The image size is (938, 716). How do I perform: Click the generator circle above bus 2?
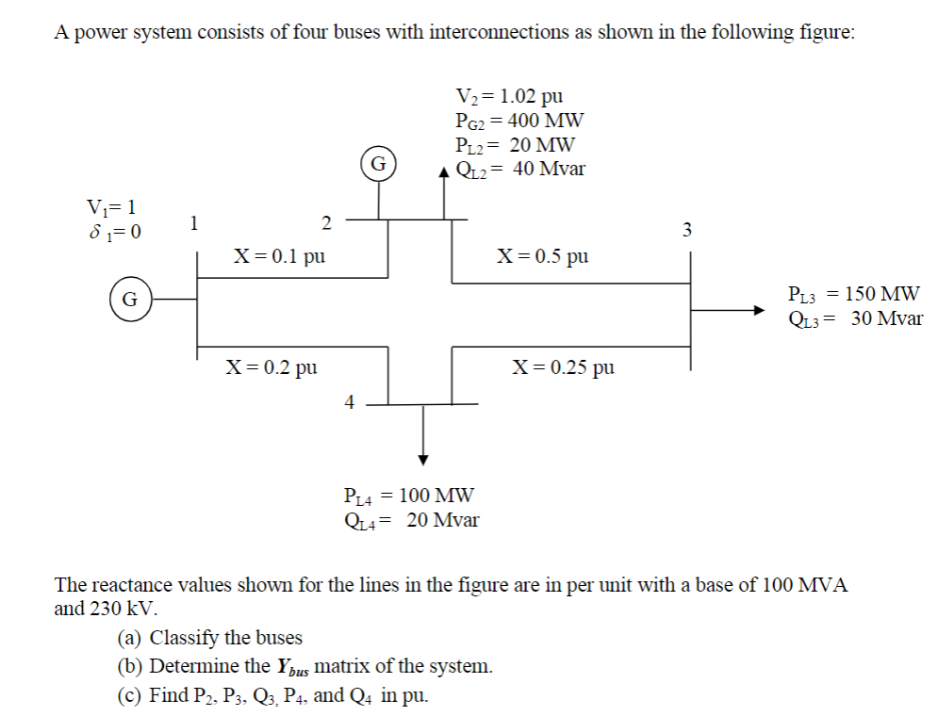(x=378, y=163)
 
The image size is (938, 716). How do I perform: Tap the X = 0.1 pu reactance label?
(x=280, y=255)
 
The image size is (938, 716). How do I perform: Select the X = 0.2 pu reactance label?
(x=271, y=367)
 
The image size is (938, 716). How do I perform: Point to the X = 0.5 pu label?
(x=543, y=255)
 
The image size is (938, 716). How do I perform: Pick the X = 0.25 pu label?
(x=563, y=366)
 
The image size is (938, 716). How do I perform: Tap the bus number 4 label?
(x=348, y=403)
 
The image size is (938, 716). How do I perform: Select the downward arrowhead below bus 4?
(x=424, y=459)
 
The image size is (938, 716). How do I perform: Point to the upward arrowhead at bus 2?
(x=446, y=173)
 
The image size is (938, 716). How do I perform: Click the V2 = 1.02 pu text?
(x=509, y=96)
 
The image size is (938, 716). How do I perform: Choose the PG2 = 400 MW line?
(x=518, y=121)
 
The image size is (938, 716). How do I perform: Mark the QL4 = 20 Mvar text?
(x=412, y=519)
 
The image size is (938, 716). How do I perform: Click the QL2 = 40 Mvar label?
(x=519, y=170)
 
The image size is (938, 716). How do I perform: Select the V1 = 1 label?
(x=111, y=206)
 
